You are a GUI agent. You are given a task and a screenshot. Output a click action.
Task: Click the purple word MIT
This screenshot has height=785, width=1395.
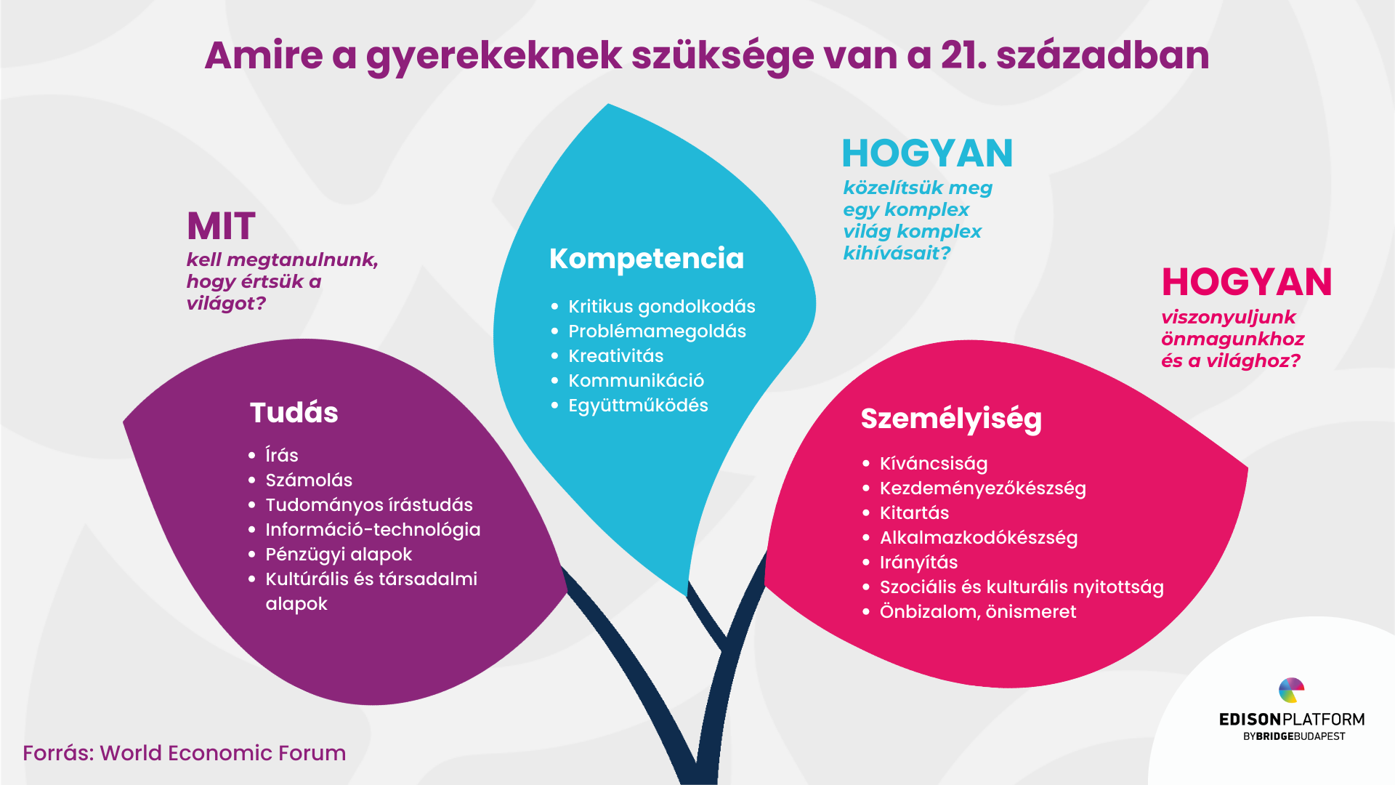pyautogui.click(x=221, y=226)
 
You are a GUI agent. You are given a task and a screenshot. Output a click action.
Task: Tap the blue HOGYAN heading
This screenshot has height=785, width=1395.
pyautogui.click(x=927, y=153)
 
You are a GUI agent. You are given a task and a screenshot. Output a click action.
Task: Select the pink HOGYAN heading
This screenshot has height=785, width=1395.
pyautogui.click(x=1247, y=282)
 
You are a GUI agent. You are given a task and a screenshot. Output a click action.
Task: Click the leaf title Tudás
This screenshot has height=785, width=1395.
pyautogui.click(x=294, y=412)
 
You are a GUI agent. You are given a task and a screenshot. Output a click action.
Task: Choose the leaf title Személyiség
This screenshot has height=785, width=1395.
pyautogui.click(x=951, y=419)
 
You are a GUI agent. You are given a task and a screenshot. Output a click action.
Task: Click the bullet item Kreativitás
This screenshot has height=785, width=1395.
pyautogui.click(x=616, y=356)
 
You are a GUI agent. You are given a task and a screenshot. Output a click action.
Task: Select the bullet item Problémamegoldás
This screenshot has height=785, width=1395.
pyautogui.click(x=657, y=331)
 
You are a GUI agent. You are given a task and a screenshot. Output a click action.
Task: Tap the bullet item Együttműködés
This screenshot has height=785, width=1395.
pyautogui.click(x=638, y=406)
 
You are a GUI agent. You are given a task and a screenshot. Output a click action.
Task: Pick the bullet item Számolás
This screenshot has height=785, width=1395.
pyautogui.click(x=309, y=480)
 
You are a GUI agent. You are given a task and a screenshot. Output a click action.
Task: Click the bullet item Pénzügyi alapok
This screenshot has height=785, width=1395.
pyautogui.click(x=339, y=555)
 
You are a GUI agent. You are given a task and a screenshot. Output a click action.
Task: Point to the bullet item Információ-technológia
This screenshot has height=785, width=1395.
pyautogui.click(x=373, y=530)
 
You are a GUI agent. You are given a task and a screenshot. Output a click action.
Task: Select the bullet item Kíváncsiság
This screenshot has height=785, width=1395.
pyautogui.click(x=934, y=464)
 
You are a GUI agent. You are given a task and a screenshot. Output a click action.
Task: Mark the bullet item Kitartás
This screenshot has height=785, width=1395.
pyautogui.click(x=914, y=513)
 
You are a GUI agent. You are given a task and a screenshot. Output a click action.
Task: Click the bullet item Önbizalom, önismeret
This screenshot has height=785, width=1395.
pyautogui.click(x=978, y=612)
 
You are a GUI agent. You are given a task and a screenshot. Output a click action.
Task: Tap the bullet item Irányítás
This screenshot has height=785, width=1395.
pyautogui.click(x=918, y=563)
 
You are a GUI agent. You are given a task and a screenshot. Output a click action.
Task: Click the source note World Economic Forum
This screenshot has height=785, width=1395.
pyautogui.click(x=223, y=753)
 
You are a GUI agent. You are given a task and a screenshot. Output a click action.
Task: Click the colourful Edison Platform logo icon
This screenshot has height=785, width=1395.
pyautogui.click(x=1291, y=691)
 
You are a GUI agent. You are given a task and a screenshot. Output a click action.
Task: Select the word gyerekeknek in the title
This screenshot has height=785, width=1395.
pyautogui.click(x=494, y=57)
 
